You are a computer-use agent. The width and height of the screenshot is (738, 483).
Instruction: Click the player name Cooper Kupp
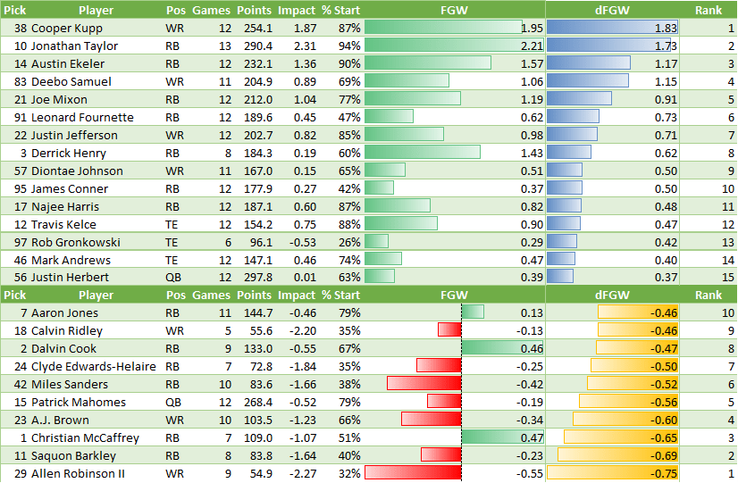(66, 28)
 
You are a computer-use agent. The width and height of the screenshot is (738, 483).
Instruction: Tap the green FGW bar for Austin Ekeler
(427, 63)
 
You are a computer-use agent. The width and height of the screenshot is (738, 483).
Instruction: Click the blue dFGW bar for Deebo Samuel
(587, 81)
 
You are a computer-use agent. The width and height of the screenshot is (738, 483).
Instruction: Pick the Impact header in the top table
(297, 10)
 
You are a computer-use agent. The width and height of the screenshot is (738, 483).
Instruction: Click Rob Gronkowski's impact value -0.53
(298, 242)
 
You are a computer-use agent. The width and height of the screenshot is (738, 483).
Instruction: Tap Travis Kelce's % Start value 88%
(348, 224)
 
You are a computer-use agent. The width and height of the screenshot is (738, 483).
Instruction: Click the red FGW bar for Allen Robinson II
(413, 473)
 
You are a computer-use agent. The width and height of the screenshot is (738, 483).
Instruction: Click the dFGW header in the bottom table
(612, 295)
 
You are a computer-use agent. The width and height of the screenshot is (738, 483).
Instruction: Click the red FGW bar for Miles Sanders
(424, 384)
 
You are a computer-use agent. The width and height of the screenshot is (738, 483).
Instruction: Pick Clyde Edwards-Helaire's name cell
(93, 366)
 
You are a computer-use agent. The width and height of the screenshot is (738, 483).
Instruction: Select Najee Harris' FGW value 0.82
(532, 206)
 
